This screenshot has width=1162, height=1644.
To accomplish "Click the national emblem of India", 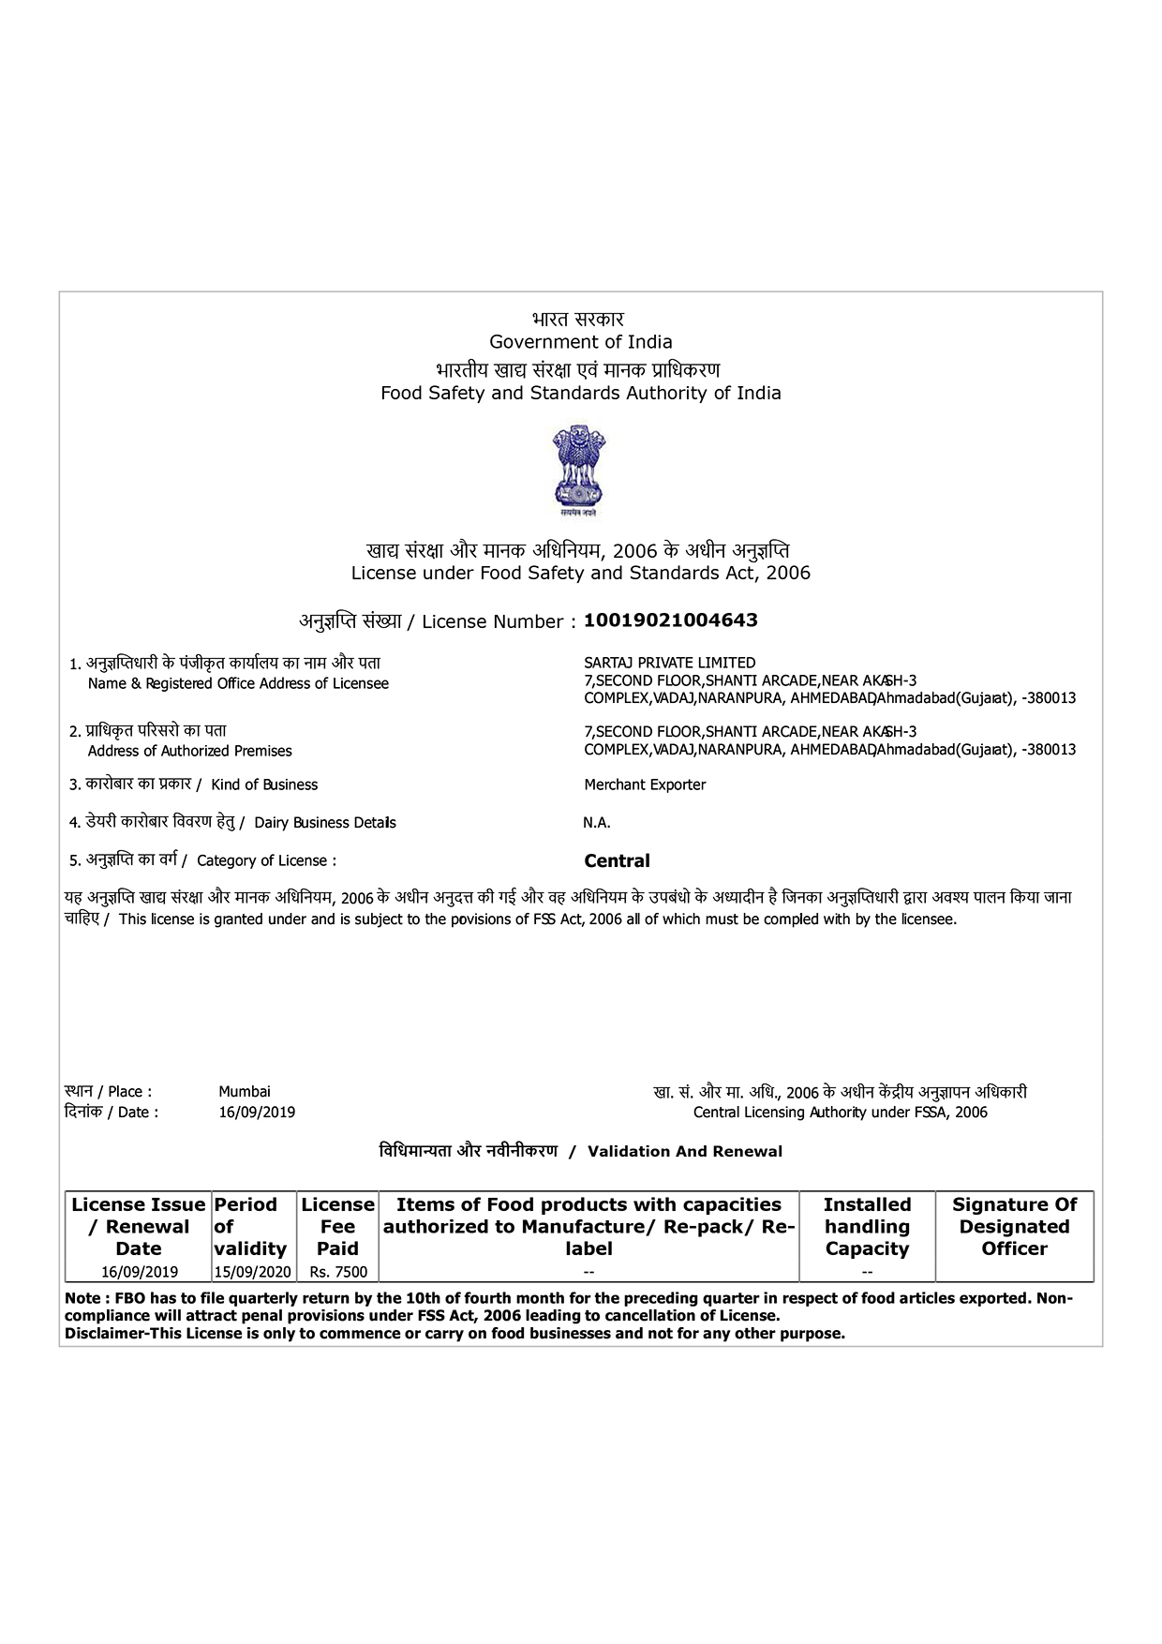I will [579, 469].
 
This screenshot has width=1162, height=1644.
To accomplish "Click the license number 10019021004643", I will [670, 620].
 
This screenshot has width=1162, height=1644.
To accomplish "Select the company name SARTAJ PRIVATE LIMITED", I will [669, 663].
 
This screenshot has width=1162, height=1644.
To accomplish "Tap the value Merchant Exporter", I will [645, 785].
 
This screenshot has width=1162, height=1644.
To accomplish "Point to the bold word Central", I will [617, 860].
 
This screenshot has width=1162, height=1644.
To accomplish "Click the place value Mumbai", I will [245, 1091].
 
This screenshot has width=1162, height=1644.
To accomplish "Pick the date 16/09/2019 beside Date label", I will [257, 1113].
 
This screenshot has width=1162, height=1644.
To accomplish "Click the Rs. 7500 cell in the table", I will [338, 1272].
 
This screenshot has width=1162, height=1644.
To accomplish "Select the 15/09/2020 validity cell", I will [253, 1272].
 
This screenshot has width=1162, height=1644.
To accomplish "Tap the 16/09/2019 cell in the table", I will [140, 1272].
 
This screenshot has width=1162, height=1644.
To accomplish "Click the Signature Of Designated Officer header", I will [1014, 1226].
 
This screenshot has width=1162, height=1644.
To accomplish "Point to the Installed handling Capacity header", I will [867, 1226].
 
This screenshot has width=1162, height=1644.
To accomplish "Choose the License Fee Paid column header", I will [337, 1226].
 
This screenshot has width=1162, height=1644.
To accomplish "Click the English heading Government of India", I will [580, 342].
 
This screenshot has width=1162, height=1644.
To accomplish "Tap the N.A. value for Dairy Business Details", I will [597, 823].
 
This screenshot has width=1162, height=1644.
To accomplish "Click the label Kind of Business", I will [264, 785].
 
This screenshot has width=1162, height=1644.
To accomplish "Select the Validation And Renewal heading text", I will [684, 1151].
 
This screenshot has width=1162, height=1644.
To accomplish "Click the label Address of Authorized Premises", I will [189, 751].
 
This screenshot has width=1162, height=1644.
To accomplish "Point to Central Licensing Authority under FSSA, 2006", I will [840, 1113].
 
